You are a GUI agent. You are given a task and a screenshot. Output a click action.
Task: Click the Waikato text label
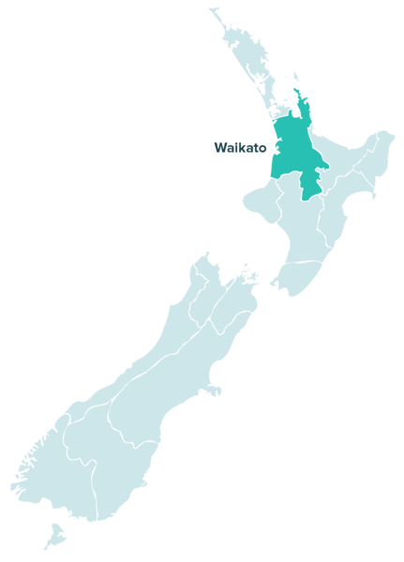[x=240, y=147]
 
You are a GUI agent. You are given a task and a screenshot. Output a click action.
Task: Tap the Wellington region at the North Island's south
[x=298, y=276]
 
